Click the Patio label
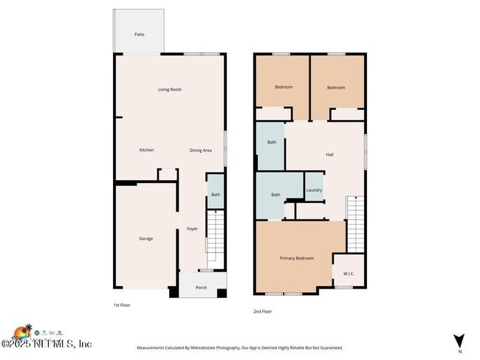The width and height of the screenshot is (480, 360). [x=139, y=34]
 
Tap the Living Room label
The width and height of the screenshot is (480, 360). [x=170, y=89]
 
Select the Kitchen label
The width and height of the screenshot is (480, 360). [x=147, y=150]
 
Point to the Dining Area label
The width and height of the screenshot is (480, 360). [x=200, y=150]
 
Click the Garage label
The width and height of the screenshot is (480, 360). [x=146, y=238]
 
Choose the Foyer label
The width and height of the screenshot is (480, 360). [x=192, y=229]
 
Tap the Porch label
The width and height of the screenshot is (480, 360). [x=201, y=288]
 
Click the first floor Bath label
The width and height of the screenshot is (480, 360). [x=215, y=195]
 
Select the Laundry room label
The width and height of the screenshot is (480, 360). [x=314, y=190]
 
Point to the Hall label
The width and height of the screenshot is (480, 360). [x=330, y=154]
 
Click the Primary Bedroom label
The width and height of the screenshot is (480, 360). [x=296, y=258]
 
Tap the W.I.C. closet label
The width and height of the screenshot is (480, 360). [x=349, y=274]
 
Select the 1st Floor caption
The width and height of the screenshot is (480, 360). [x=122, y=305]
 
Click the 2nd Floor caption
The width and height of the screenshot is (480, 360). [x=263, y=311]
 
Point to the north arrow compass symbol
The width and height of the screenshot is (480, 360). [x=459, y=340]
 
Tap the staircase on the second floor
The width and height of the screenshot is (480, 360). [x=356, y=224]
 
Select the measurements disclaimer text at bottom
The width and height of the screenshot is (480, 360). [x=239, y=347]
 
